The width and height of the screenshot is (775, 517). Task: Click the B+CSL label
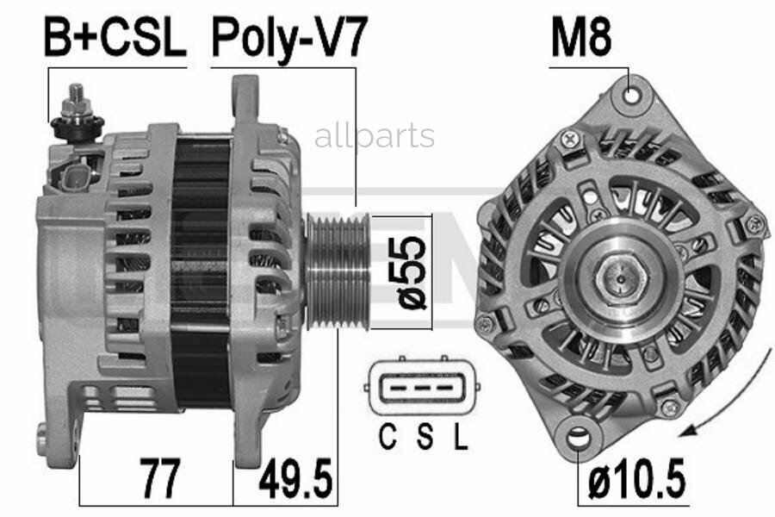click(x=115, y=37)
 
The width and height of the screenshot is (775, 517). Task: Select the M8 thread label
click(x=581, y=37)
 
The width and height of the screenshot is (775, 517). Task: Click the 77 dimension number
click(x=159, y=478)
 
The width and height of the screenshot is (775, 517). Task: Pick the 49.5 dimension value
click(x=295, y=478)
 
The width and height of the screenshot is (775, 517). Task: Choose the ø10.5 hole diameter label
click(x=636, y=479)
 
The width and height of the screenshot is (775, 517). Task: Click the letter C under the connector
click(x=388, y=437)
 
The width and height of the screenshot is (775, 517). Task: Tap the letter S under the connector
click(x=425, y=437)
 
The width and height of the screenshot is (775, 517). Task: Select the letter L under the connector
click(x=461, y=437)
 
